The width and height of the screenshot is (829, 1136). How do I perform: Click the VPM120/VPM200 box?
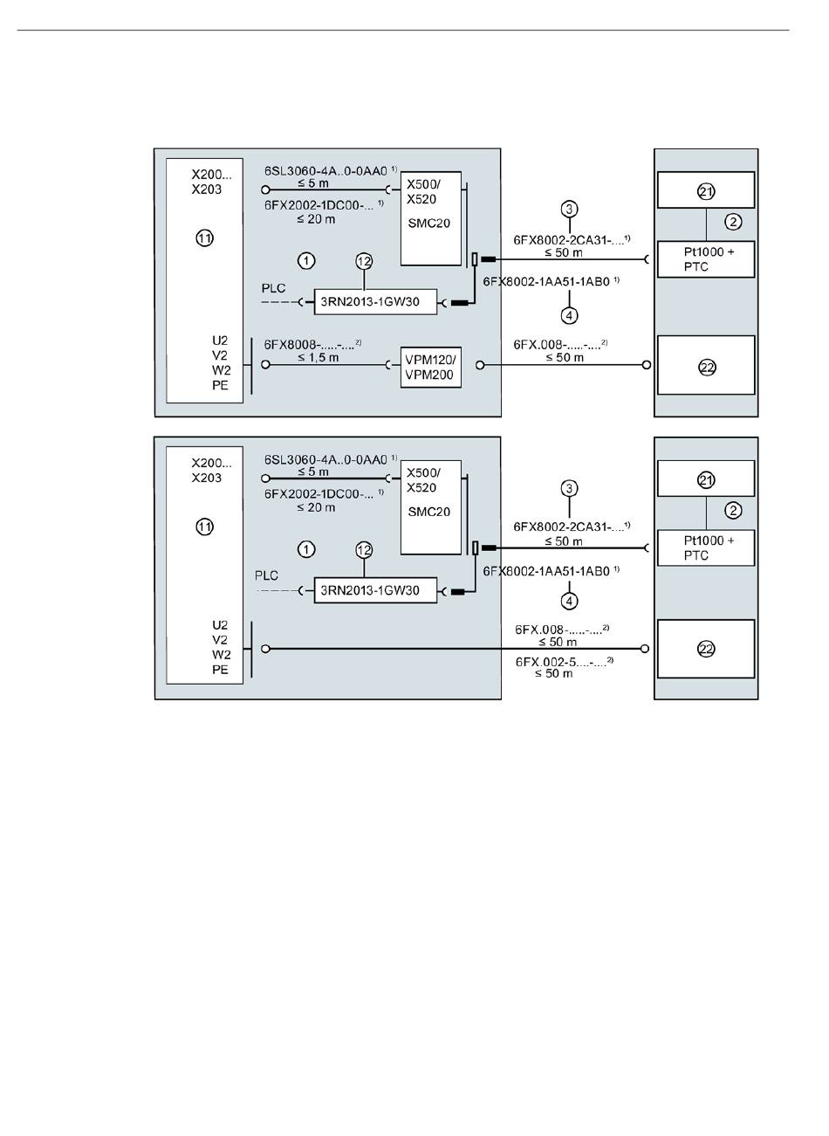[x=431, y=368]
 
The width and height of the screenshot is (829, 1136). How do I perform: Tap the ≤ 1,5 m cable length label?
[x=319, y=357]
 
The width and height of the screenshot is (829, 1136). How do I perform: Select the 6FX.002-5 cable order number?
[x=564, y=661]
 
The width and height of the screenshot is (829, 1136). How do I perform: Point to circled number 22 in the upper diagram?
[x=707, y=368]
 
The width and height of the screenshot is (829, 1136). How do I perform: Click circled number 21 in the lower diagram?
[x=706, y=479]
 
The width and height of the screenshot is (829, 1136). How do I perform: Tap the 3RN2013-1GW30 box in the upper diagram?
[x=375, y=302]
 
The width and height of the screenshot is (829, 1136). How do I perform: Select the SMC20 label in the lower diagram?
[x=428, y=512]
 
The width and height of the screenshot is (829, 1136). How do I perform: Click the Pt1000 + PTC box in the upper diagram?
[x=706, y=259]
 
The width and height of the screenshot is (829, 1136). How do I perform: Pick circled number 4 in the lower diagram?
[x=569, y=601]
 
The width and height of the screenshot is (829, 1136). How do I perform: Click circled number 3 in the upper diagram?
[x=569, y=209]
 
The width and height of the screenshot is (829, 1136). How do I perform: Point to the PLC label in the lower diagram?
[x=266, y=575]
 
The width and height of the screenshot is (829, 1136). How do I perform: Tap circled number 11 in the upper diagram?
[x=205, y=238]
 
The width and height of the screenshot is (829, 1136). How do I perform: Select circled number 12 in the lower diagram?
[x=364, y=550]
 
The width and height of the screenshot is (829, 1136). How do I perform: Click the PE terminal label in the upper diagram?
[x=220, y=385]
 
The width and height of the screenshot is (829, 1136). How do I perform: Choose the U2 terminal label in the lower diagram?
[x=220, y=625]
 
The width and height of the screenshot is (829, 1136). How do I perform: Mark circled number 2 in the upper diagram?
[x=733, y=222]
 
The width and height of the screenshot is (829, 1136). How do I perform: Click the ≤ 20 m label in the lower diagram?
[x=316, y=507]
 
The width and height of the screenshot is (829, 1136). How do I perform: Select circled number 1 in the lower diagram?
[x=306, y=549]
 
